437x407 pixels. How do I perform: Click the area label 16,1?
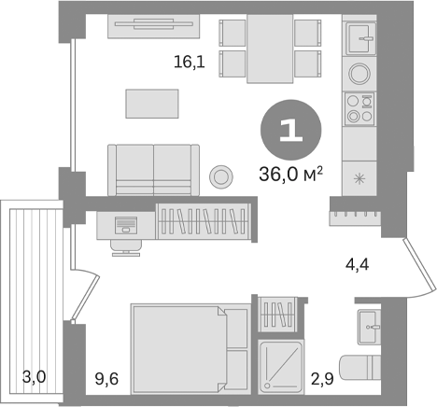tap(189, 64)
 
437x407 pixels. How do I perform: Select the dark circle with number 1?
tap(290, 132)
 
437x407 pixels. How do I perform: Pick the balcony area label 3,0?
tap(35, 379)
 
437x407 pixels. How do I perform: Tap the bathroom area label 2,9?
tap(322, 379)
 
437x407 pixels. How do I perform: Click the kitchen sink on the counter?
tap(359, 40)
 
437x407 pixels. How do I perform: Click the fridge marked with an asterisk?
tap(359, 175)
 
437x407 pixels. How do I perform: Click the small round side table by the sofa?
tap(221, 175)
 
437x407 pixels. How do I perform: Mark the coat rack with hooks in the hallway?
tap(355, 217)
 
